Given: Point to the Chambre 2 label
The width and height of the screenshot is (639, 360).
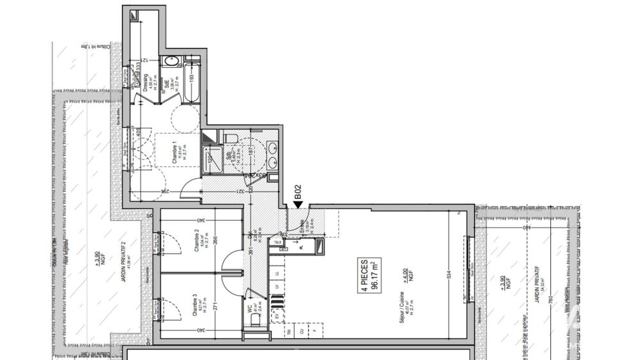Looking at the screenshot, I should [x=197, y=242].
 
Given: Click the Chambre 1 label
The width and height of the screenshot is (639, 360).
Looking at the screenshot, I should [x=177, y=153].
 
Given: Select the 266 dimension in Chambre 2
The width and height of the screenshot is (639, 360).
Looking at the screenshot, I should [x=216, y=241].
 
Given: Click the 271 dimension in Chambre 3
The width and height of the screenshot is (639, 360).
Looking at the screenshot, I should [x=216, y=306].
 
